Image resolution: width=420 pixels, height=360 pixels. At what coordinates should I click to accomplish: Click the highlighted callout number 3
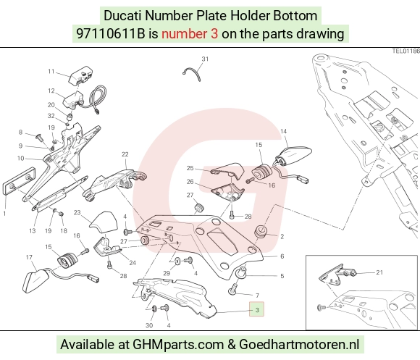[256, 309]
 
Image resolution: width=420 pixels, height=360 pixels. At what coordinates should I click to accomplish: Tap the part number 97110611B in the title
[110, 34]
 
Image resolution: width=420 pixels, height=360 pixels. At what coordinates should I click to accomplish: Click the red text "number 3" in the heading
[190, 34]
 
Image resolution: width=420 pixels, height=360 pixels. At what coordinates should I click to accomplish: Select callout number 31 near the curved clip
[205, 59]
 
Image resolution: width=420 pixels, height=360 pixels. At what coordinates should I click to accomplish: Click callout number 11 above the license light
[51, 71]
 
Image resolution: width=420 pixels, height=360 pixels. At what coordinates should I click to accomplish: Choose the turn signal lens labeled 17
[35, 281]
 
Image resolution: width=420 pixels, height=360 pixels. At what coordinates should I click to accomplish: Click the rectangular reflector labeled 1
[19, 181]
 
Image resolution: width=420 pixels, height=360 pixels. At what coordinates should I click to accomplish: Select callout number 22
[125, 154]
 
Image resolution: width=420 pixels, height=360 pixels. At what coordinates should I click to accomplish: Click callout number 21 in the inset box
[379, 272]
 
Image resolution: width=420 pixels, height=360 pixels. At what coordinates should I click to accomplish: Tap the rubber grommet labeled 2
[261, 232]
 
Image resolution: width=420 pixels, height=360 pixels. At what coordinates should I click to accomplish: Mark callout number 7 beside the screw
[257, 296]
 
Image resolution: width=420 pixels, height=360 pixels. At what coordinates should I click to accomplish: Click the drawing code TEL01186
[406, 51]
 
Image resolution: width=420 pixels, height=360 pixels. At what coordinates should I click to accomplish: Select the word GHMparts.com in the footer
[178, 344]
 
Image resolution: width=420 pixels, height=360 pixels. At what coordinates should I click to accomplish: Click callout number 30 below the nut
[149, 325]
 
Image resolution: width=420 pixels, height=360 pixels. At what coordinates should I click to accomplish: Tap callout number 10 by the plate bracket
[20, 158]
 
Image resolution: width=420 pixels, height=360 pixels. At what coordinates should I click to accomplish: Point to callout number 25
[190, 168]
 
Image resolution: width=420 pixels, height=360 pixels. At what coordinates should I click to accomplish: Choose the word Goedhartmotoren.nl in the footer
[299, 344]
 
